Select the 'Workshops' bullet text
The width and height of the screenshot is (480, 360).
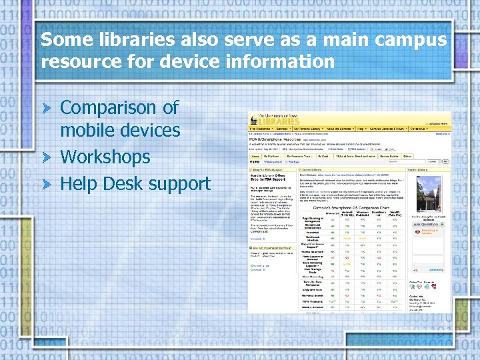(x=105, y=157)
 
